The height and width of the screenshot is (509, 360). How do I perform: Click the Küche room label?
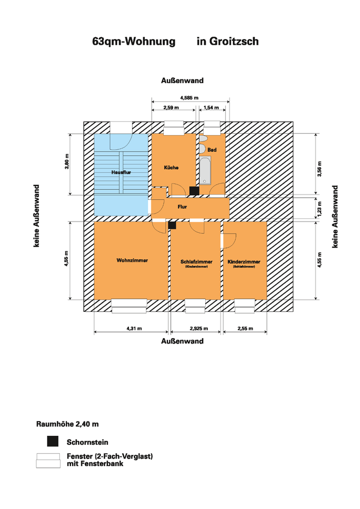171,168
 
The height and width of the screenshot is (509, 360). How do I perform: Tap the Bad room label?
212,150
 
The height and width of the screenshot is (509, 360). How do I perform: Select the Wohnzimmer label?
132,261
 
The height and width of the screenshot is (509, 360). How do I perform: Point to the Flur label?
182,207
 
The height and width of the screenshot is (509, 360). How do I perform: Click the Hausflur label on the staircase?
121,172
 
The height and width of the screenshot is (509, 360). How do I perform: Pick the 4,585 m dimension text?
189,98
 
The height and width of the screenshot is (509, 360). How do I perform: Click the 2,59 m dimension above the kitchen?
171,108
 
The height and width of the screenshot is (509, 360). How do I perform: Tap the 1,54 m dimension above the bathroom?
212,108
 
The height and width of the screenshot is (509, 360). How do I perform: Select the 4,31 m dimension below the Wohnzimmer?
134,329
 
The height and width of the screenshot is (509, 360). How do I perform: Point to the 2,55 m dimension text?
244,329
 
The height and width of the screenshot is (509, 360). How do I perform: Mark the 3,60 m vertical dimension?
66,164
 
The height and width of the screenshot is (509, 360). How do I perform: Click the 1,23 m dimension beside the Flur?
319,208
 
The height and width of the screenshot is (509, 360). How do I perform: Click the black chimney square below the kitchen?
194,191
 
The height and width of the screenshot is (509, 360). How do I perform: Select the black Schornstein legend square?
52,441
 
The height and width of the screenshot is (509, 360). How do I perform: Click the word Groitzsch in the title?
228,41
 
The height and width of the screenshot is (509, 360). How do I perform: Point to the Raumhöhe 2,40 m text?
67,424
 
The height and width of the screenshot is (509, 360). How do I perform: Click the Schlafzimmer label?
197,262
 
